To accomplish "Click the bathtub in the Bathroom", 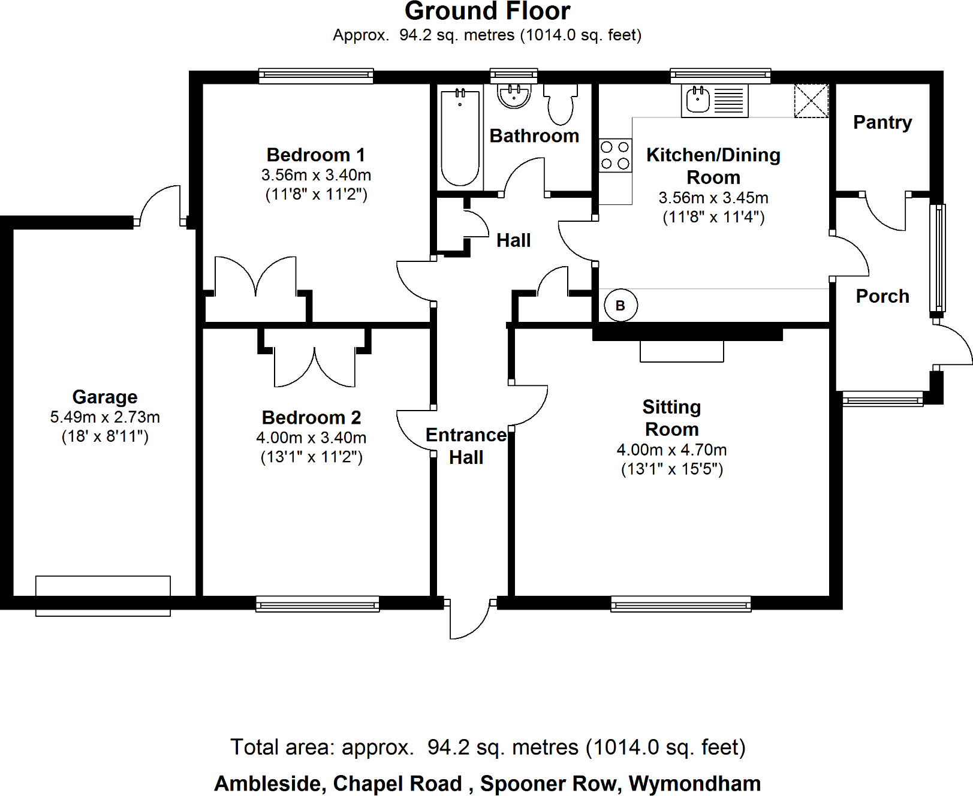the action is point(460,137).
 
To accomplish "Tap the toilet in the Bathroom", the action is point(561,104).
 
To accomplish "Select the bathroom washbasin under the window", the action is point(514,95).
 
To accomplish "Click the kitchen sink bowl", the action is point(698,100).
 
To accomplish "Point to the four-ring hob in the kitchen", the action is point(615,155).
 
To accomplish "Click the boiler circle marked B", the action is point(620,305).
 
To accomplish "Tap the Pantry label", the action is point(882,122).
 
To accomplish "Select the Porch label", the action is point(882,296).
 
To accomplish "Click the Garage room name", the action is point(105,397).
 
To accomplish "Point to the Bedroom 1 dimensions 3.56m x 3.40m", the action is point(316,175).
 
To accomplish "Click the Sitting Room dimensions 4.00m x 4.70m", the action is point(671,450).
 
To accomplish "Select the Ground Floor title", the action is point(487,11).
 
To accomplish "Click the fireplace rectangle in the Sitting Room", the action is point(682,351).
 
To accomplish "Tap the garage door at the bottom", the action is point(103,596).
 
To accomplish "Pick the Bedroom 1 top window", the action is point(316,76).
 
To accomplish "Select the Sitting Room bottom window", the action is point(681,604).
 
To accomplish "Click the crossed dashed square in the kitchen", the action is point(811,101).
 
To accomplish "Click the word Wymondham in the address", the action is point(695,783).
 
